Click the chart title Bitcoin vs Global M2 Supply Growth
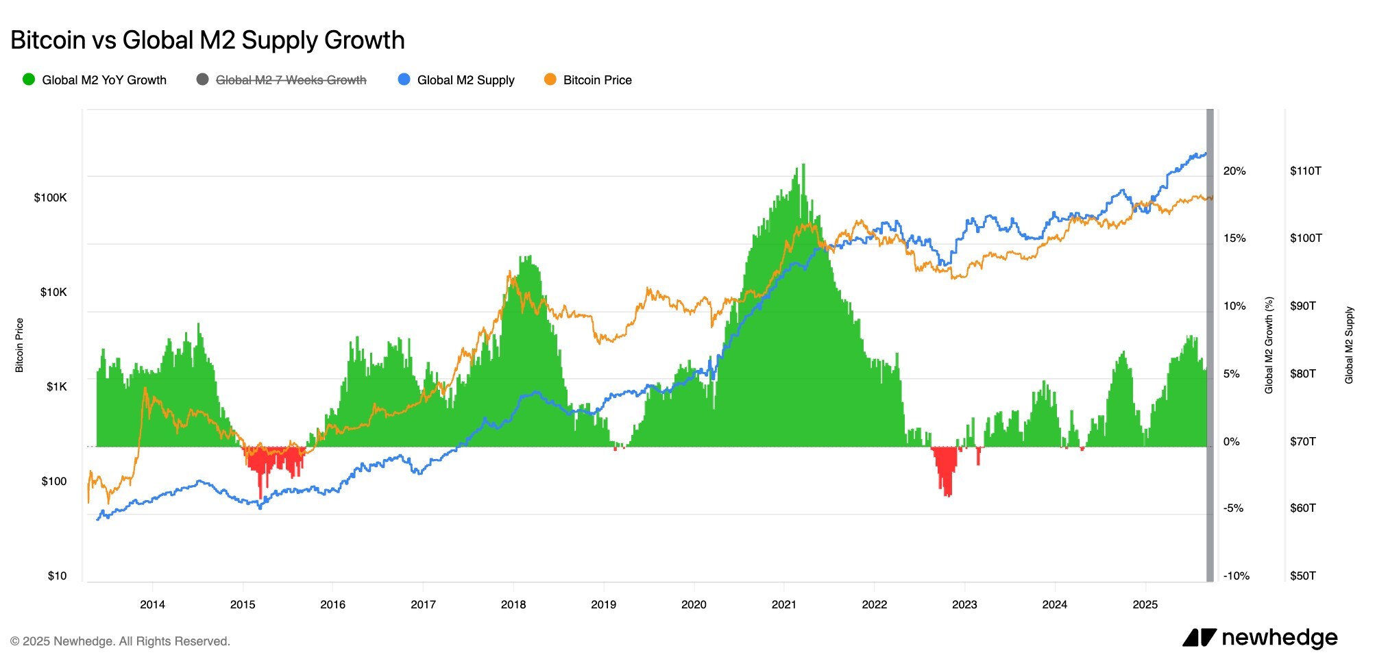(x=208, y=40)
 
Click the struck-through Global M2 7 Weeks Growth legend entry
(x=282, y=80)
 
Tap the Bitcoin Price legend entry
(x=588, y=80)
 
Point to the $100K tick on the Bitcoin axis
(x=51, y=198)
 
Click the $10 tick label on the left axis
(x=58, y=576)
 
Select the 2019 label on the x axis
(x=603, y=605)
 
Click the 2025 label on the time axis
(x=1145, y=605)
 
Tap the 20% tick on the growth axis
(x=1234, y=171)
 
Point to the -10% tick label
(x=1237, y=576)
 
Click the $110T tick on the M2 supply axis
(x=1306, y=171)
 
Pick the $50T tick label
(x=1303, y=576)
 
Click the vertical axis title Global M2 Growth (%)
(x=1269, y=345)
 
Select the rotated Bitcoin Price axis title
(x=19, y=345)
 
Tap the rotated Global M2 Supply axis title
(x=1349, y=345)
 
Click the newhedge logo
(x=1260, y=638)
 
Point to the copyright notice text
(x=120, y=642)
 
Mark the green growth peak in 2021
(x=803, y=166)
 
